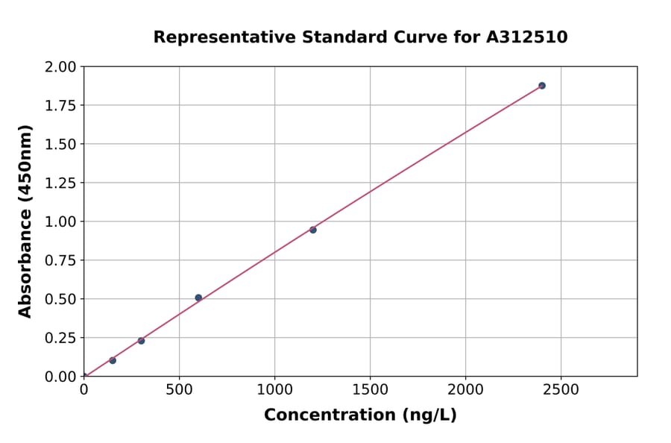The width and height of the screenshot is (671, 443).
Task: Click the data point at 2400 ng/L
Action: [542, 86]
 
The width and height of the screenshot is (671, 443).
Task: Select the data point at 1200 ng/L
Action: [313, 230]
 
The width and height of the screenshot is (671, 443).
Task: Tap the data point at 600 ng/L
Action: [198, 298]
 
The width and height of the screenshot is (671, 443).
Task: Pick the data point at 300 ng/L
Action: [141, 341]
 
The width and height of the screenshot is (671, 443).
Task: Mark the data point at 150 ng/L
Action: [113, 360]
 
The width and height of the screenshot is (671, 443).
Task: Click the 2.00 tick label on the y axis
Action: [60, 67]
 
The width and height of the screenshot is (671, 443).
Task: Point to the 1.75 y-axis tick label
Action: [60, 106]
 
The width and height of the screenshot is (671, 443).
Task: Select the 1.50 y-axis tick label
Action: [60, 145]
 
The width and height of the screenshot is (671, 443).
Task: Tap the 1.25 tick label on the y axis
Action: [60, 183]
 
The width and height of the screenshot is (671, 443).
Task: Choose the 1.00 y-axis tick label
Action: [60, 222]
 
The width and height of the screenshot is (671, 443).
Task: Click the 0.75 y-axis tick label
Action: [60, 261]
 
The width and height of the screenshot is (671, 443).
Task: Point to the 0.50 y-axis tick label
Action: [60, 300]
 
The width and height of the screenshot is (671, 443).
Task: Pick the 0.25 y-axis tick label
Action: [60, 339]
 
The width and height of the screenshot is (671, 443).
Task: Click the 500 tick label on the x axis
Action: [179, 389]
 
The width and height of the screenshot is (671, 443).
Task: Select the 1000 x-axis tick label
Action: [274, 389]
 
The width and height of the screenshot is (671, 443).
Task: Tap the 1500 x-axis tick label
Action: [371, 389]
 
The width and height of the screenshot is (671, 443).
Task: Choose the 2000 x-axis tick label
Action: [466, 389]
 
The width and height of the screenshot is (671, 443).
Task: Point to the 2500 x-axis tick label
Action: [561, 389]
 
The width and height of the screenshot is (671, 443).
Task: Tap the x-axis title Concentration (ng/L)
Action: [360, 415]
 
